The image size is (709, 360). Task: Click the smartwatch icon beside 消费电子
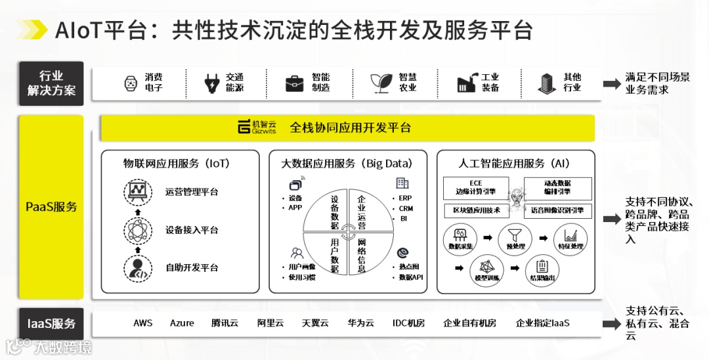point(131,83)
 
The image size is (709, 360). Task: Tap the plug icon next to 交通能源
point(211,83)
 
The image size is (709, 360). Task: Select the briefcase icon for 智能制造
point(294,83)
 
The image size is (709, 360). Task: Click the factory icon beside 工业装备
point(466,83)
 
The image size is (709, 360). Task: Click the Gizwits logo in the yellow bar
point(257,127)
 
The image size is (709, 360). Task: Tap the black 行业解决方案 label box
point(52,83)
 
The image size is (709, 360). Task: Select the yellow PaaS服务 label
point(52,207)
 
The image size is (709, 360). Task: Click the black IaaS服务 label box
point(52,323)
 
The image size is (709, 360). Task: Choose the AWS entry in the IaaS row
point(142,323)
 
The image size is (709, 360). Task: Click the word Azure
point(182,323)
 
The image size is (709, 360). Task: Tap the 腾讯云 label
point(225,323)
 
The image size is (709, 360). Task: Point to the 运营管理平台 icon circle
point(137,192)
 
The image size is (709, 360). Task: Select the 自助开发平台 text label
point(192,268)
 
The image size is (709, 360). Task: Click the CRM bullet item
point(406,208)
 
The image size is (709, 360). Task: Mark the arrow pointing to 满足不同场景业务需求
point(612,83)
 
